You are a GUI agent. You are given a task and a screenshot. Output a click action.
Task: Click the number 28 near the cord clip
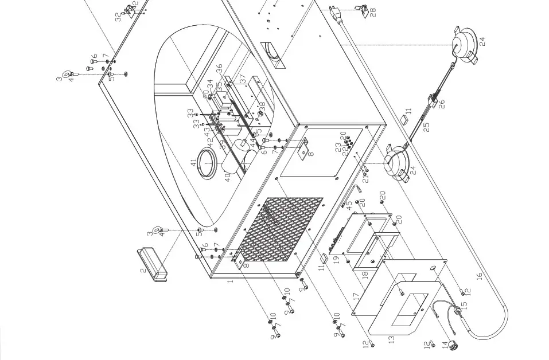coord(373,11)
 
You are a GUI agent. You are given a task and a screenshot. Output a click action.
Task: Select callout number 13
coord(392,339)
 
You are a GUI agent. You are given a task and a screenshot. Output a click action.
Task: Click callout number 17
coord(356,298)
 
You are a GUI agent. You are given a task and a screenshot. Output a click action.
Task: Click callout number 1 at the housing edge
coord(230,281)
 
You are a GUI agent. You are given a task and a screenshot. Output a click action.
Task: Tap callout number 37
coord(243,77)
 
